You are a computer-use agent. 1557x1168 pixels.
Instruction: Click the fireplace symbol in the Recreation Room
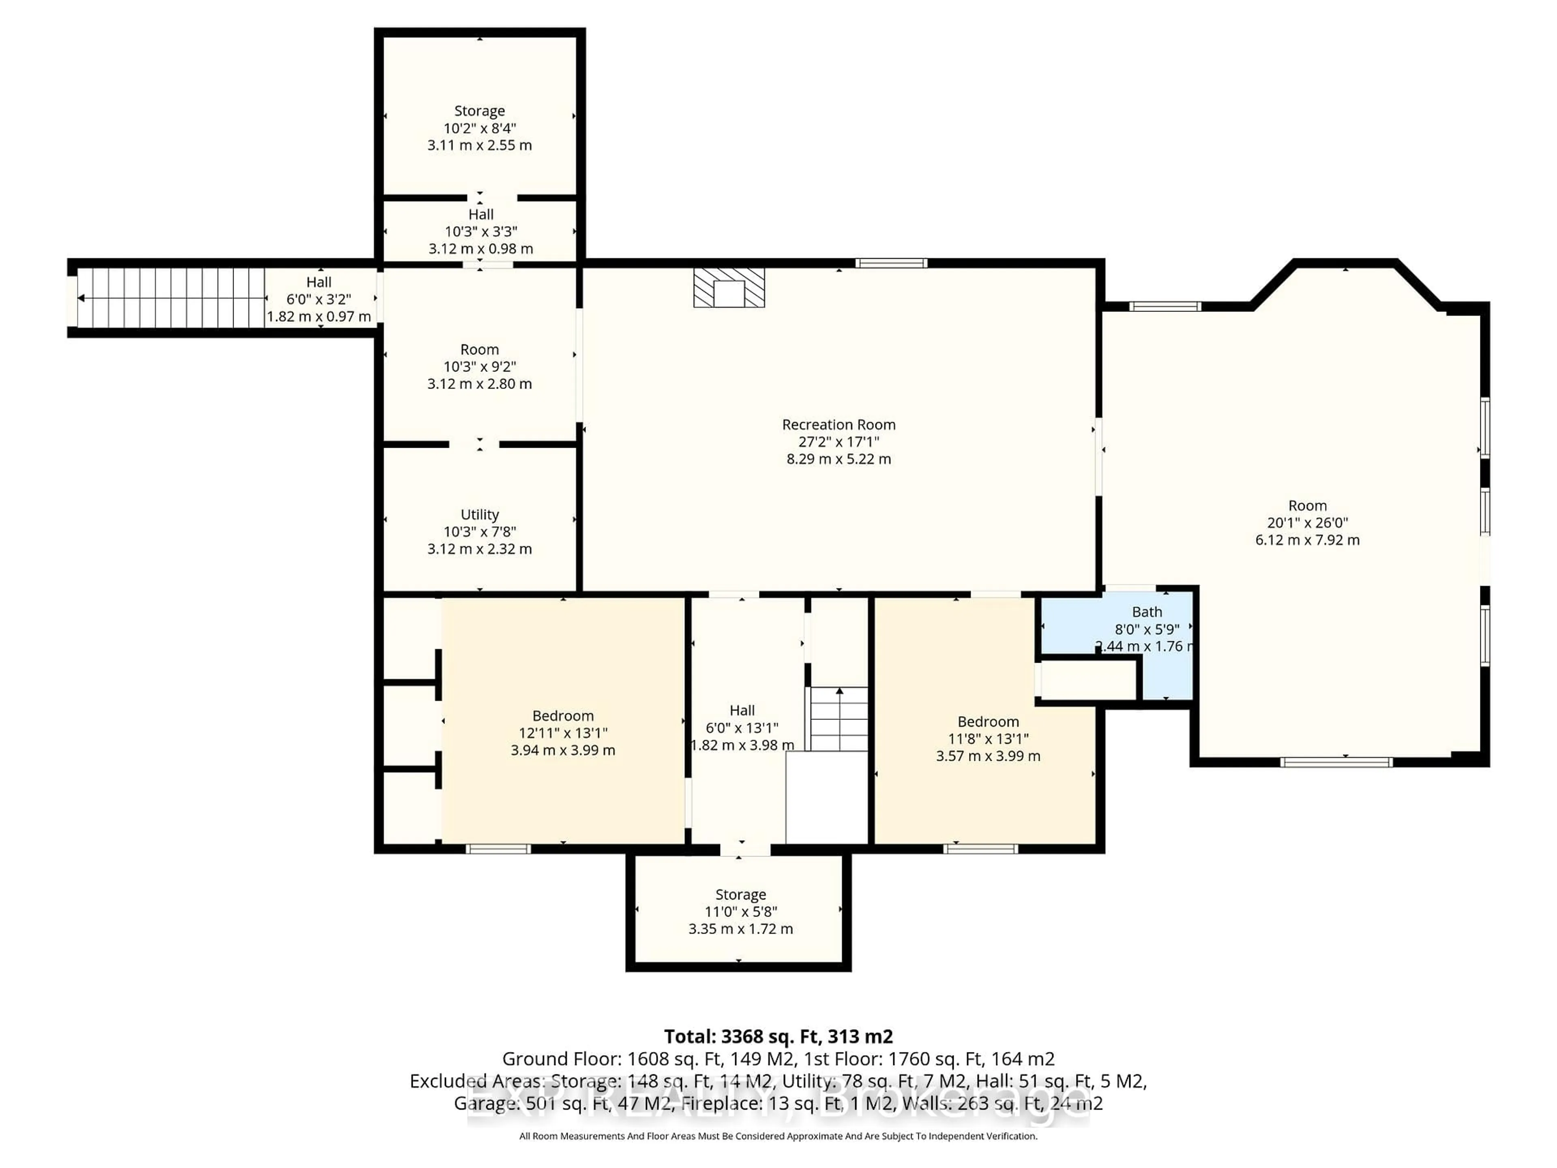[729, 287]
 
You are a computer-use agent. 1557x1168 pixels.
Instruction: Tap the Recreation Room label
[839, 425]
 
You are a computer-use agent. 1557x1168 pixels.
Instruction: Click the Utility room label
[479, 515]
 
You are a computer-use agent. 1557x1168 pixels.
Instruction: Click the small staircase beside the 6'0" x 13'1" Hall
[839, 719]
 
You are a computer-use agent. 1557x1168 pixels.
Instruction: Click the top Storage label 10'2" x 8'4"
[479, 111]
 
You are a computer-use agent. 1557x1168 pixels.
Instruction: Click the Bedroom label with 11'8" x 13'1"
[988, 721]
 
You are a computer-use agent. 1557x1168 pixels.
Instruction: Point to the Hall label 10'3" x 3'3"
[481, 214]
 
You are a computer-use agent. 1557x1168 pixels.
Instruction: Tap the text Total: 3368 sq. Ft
[778, 1036]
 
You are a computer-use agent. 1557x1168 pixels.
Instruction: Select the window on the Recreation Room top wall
[891, 263]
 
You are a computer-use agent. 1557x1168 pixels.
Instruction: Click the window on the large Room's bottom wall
[1335, 762]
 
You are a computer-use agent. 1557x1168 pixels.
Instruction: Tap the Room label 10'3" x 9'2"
[479, 349]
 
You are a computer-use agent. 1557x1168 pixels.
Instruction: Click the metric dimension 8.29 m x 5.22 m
[839, 459]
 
